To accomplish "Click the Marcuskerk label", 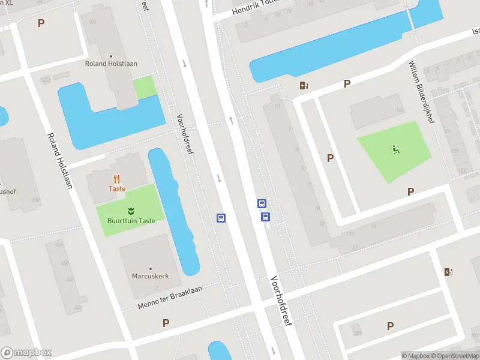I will click(150, 276).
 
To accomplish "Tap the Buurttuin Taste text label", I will click(131, 221).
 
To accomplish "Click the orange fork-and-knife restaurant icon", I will click(116, 178).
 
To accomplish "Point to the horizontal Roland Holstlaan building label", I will click(112, 64).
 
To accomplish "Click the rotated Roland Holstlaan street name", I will click(59, 160).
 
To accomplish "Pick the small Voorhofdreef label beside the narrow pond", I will click(185, 134).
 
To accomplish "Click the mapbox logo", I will click(26, 353).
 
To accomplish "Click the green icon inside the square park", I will click(396, 150).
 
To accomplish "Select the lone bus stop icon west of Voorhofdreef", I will click(221, 218).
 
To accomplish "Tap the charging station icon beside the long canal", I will click(304, 85).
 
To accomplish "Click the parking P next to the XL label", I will click(41, 23).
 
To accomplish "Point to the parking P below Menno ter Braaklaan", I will click(166, 323).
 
